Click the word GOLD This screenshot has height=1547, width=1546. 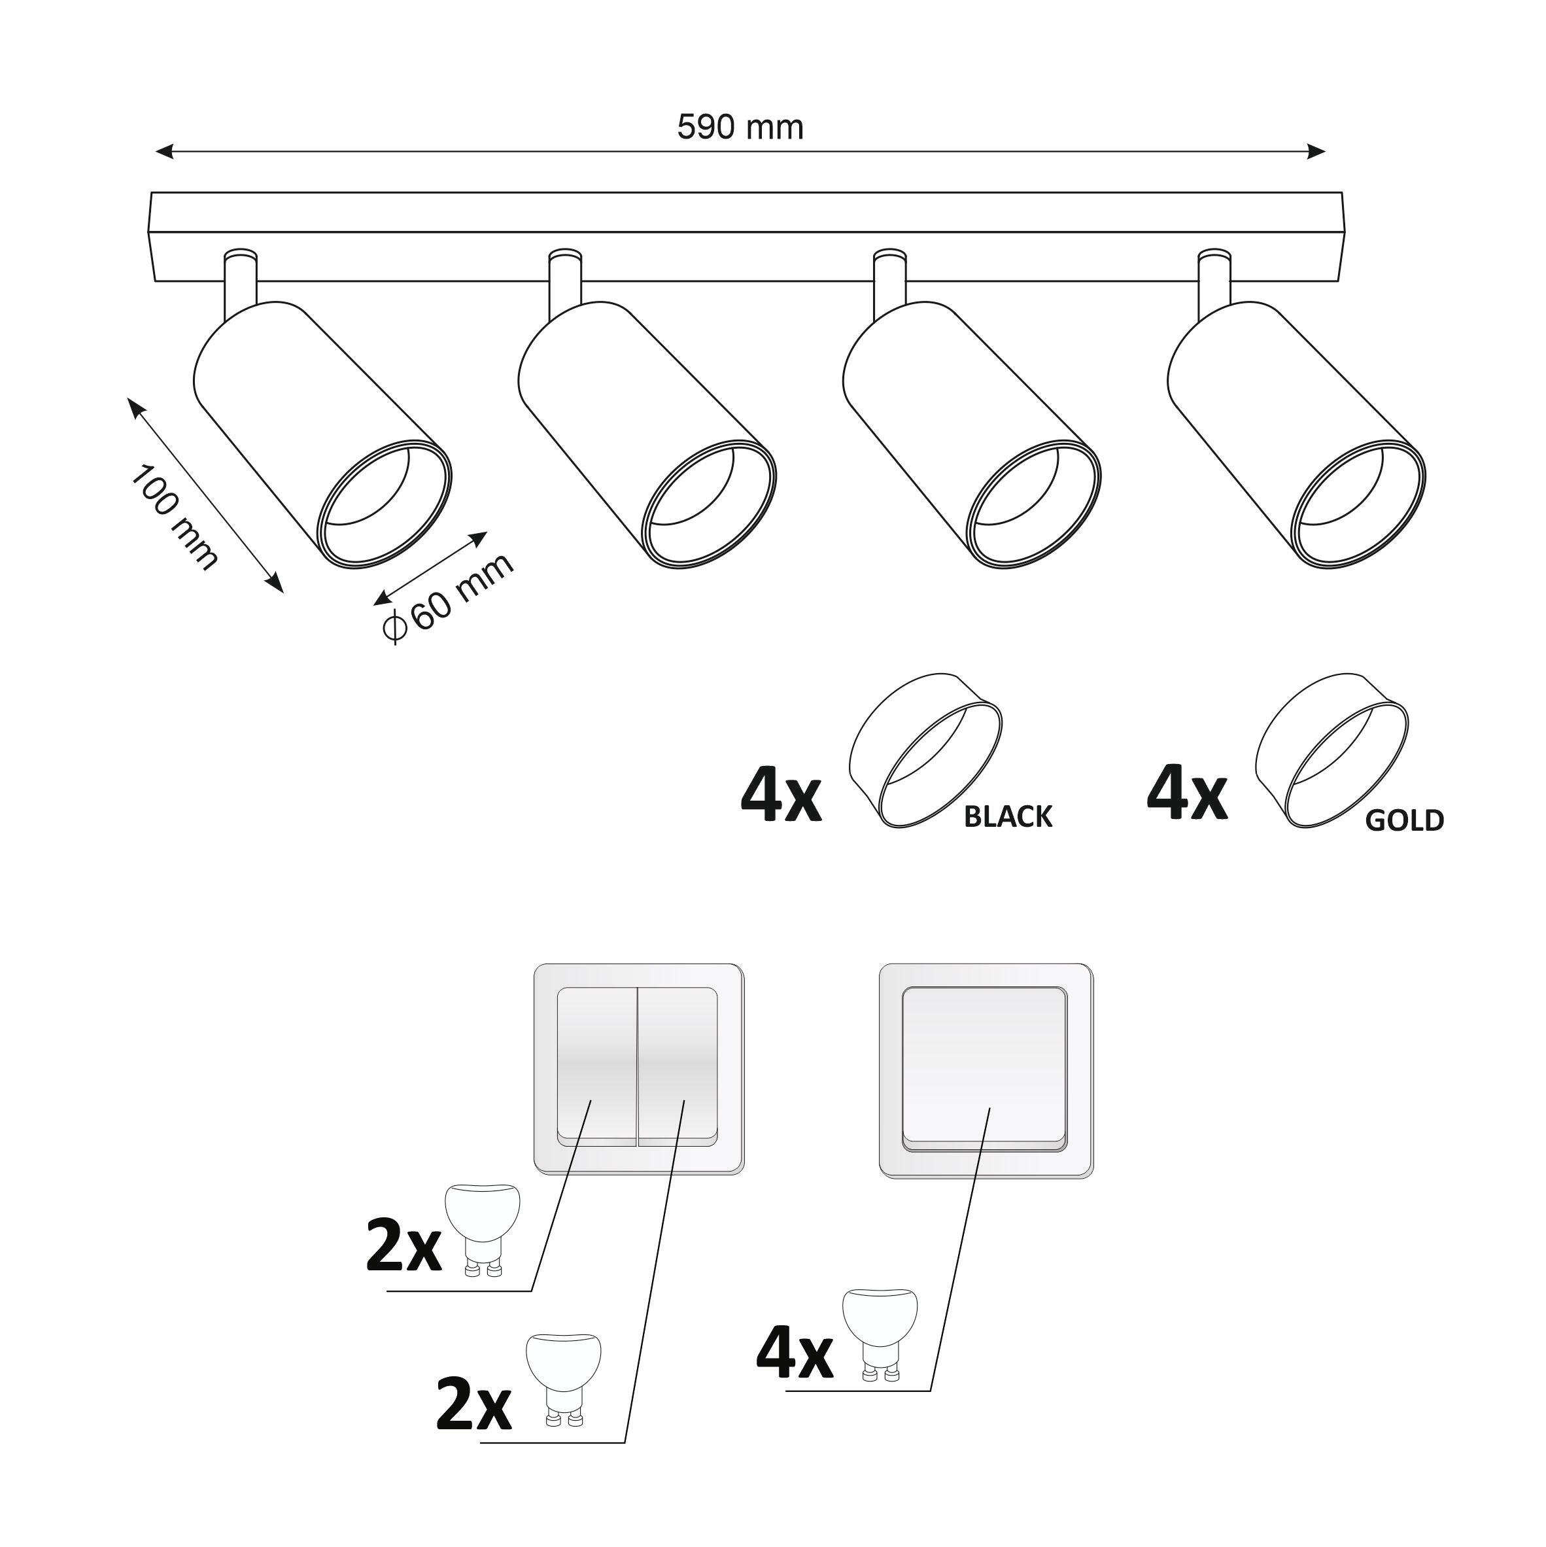point(1404,820)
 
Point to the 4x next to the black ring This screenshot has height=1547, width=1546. point(781,797)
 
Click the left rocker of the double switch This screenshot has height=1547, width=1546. point(596,1065)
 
